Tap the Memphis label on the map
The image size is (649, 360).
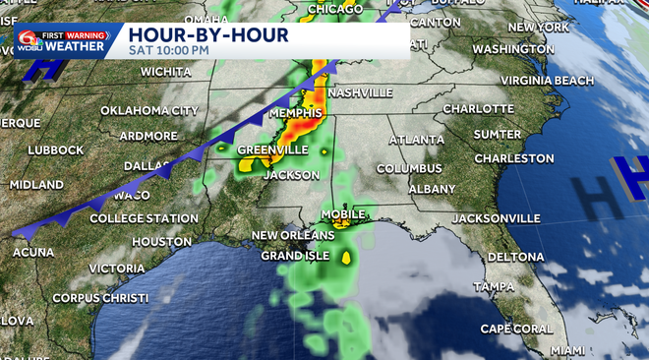coord(296,113)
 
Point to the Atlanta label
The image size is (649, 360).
coord(417,140)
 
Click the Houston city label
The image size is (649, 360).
coord(161,241)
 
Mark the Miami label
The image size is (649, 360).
coord(567,350)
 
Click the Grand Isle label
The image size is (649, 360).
coord(292,256)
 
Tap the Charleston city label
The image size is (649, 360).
coord(514,157)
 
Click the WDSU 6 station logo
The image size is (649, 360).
coord(25,42)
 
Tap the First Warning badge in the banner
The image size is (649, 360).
coord(75,34)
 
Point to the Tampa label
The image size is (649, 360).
coord(494,286)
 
